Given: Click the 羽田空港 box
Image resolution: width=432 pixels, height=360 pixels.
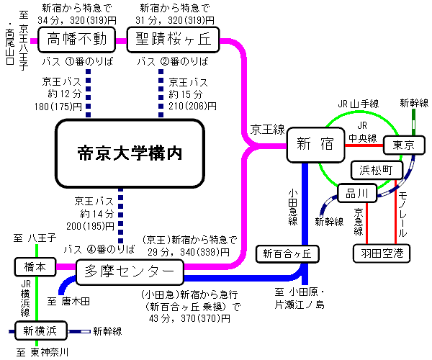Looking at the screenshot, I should coord(382,253).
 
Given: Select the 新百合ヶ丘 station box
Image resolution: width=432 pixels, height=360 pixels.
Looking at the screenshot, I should coord(287,253).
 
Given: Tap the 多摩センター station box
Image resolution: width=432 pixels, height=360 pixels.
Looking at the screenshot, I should coord(130,271).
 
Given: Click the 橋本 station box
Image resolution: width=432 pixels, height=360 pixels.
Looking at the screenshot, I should coord(34,266).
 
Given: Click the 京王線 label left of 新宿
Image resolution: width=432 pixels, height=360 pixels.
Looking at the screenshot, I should coord(266,130).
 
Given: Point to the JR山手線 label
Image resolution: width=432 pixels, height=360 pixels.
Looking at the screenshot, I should coord(360,103).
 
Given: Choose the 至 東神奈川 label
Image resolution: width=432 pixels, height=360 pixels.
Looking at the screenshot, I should coord(43,353).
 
